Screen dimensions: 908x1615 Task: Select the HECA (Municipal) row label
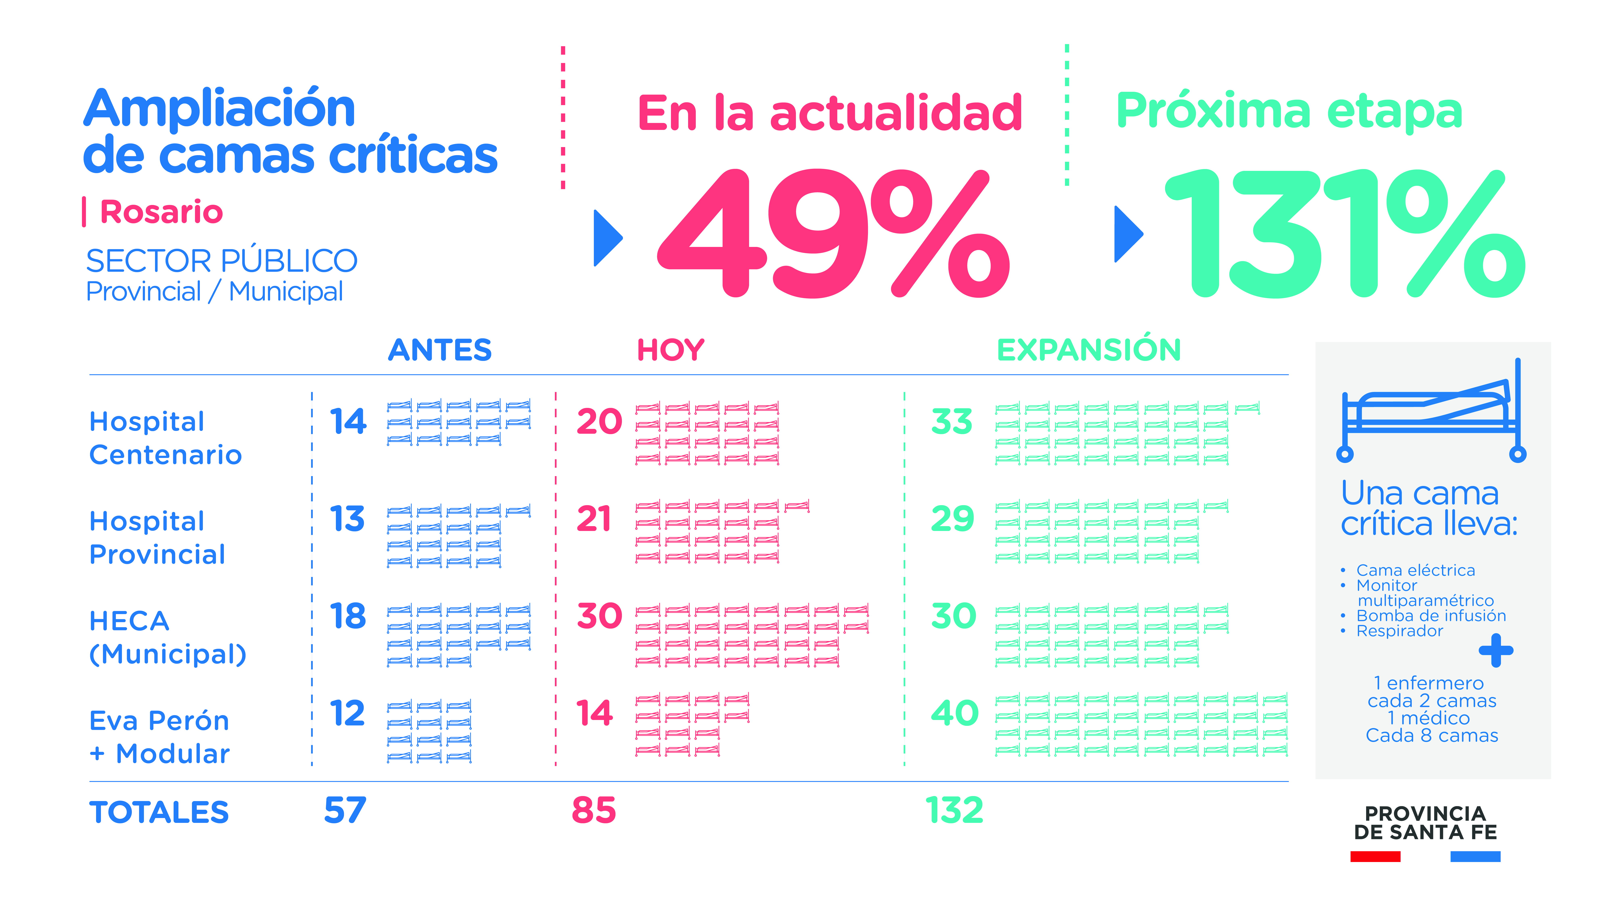167,637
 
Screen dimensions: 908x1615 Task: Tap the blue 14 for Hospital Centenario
348,421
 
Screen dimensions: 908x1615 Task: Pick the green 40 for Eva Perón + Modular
954,713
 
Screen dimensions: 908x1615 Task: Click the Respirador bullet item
1399,631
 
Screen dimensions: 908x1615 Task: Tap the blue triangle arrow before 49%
607,238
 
